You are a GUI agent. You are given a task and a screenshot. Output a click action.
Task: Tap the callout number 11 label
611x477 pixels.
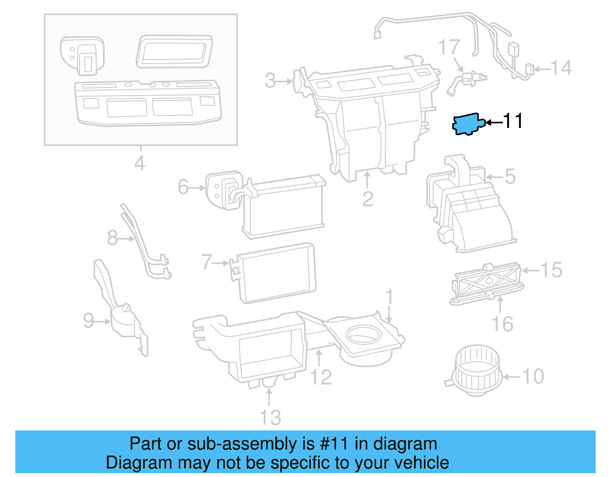click(513, 121)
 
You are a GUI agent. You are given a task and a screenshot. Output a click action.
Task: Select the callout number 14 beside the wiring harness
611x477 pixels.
click(561, 68)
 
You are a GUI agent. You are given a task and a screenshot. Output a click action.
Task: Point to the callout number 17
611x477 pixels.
click(449, 47)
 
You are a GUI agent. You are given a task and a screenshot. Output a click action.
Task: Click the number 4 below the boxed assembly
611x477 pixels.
click(140, 163)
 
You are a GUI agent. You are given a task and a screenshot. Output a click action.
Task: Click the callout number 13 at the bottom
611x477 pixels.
click(270, 417)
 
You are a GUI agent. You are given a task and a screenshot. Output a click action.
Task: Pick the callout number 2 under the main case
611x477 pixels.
click(368, 199)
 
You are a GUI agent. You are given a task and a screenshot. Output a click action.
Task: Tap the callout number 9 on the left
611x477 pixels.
click(89, 320)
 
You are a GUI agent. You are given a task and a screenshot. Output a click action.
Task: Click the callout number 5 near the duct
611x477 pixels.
click(510, 176)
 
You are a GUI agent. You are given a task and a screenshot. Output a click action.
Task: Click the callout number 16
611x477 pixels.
click(502, 324)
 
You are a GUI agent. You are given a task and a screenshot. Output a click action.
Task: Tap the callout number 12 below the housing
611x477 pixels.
click(321, 377)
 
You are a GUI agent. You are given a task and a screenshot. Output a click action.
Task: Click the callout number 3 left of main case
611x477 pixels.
click(270, 81)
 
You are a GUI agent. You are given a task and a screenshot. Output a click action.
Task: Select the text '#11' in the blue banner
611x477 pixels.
click(333, 444)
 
